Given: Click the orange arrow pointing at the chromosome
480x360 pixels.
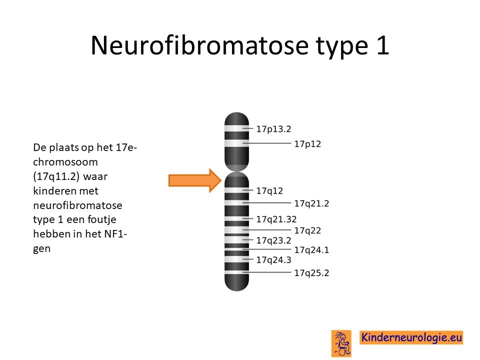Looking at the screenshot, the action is coord(195,180).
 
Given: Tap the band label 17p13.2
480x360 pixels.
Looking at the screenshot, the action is coord(273,129).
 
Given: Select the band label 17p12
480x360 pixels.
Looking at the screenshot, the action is coord(307,144).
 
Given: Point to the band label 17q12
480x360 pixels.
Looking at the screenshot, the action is coord(269,191).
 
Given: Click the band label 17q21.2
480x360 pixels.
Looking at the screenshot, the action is coord(311,203).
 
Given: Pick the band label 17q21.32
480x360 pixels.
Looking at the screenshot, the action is coord(276,219).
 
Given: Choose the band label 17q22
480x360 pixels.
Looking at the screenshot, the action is coord(307,230).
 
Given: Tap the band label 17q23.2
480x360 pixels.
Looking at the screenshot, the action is coord(273,240).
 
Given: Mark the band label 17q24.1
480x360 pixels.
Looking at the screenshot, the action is coord(311,250).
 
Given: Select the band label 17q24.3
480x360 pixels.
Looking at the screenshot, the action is coord(273,260).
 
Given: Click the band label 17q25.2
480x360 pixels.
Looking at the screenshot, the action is coord(311,273).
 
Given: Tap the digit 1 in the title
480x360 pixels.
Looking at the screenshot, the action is coord(383,45).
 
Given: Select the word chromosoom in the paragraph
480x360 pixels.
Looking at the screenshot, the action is coord(65,162).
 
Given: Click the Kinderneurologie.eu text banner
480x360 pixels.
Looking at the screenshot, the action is coord(411,337).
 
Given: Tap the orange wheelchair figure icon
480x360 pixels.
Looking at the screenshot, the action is coord(341,343).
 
